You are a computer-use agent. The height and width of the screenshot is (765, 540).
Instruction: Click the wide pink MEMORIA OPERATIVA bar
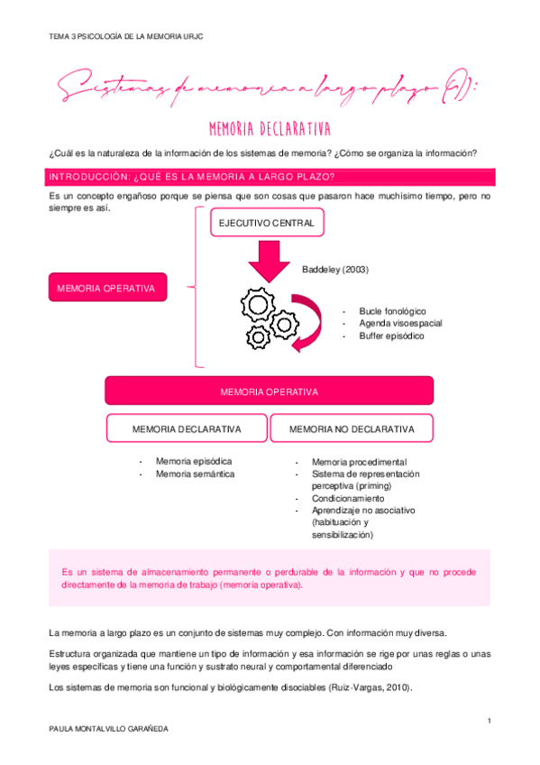(269, 392)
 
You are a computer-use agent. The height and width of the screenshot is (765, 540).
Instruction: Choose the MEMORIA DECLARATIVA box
(187, 429)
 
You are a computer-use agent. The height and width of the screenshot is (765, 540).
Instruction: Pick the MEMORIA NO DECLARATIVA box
(352, 429)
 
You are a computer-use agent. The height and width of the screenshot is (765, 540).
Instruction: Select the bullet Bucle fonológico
(392, 310)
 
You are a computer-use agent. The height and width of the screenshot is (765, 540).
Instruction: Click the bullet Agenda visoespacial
(400, 323)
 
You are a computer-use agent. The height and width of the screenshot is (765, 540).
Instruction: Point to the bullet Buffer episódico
(391, 336)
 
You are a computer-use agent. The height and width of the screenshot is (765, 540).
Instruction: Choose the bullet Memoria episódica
(193, 461)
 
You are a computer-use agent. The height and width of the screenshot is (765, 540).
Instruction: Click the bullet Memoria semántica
(195, 474)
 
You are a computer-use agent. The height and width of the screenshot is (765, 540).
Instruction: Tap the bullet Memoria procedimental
(359, 462)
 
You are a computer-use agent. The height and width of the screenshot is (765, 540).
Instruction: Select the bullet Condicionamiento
(348, 498)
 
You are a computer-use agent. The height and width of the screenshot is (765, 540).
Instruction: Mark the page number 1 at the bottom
(488, 720)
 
